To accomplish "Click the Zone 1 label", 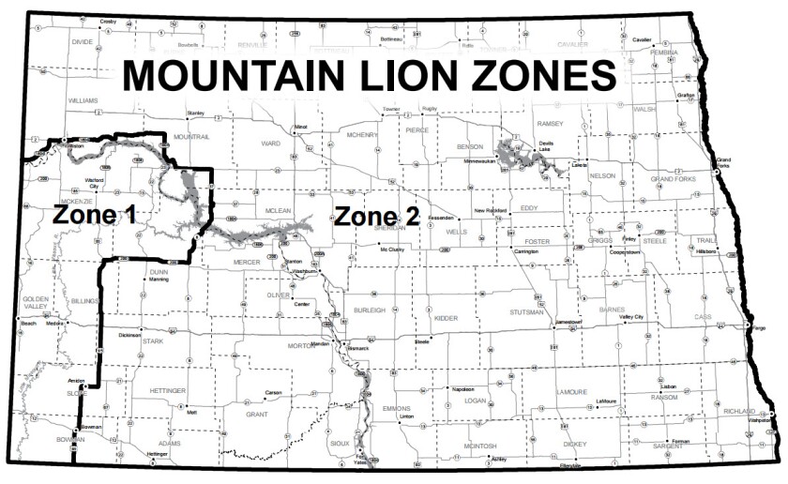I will [94, 215].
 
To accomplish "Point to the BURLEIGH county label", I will [370, 310].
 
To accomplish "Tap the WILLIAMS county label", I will [83, 99].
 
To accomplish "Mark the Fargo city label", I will [758, 328].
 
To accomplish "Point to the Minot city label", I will [301, 126].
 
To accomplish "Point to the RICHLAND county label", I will [740, 411].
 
